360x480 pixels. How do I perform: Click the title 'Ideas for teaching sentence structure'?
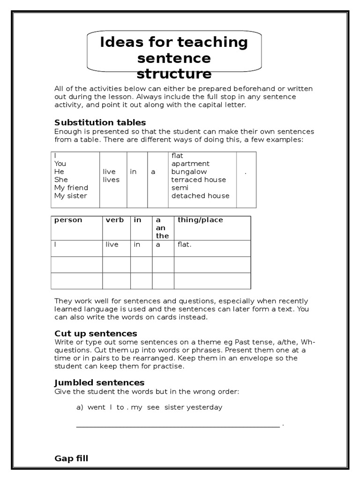pyautogui.click(x=174, y=58)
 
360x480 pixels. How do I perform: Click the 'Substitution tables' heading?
pyautogui.click(x=100, y=123)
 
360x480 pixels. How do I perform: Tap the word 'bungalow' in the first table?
pyautogui.click(x=189, y=172)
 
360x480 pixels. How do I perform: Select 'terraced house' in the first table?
pyautogui.click(x=198, y=180)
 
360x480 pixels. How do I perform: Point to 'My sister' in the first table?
pyautogui.click(x=70, y=195)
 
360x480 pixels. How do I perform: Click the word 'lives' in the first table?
pyautogui.click(x=111, y=180)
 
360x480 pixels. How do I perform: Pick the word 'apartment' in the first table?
pyautogui.click(x=190, y=164)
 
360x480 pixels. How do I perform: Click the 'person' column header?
pyautogui.click(x=68, y=220)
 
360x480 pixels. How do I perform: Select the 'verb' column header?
pyautogui.click(x=115, y=220)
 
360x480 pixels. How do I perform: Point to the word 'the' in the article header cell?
pyautogui.click(x=162, y=236)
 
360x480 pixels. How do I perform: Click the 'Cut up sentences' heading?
pyautogui.click(x=96, y=333)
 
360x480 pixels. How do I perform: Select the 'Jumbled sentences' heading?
pyautogui.click(x=99, y=382)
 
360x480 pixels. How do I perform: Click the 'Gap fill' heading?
pyautogui.click(x=71, y=458)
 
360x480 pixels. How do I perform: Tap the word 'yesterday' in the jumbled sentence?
pyautogui.click(x=204, y=407)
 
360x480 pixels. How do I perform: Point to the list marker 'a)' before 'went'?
pyautogui.click(x=79, y=407)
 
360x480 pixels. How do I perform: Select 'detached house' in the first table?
pyautogui.click(x=200, y=195)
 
